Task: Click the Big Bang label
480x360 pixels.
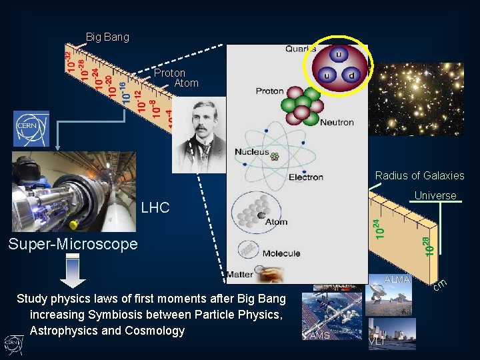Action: (107, 37)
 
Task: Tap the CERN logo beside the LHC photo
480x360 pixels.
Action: (31, 128)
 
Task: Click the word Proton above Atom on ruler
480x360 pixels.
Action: (169, 73)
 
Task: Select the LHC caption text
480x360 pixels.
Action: (155, 209)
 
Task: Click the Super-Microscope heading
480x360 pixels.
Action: (73, 244)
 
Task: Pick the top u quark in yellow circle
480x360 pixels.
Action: (339, 54)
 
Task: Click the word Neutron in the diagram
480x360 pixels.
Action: (337, 123)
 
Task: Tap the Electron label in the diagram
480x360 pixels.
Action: (306, 177)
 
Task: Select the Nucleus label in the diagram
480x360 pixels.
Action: (251, 152)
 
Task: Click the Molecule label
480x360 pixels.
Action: (281, 254)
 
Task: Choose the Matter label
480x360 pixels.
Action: (239, 275)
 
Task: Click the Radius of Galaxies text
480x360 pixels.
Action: (419, 176)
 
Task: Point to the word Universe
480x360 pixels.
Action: (435, 196)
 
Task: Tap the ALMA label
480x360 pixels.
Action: (397, 279)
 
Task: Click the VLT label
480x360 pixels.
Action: (377, 341)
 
